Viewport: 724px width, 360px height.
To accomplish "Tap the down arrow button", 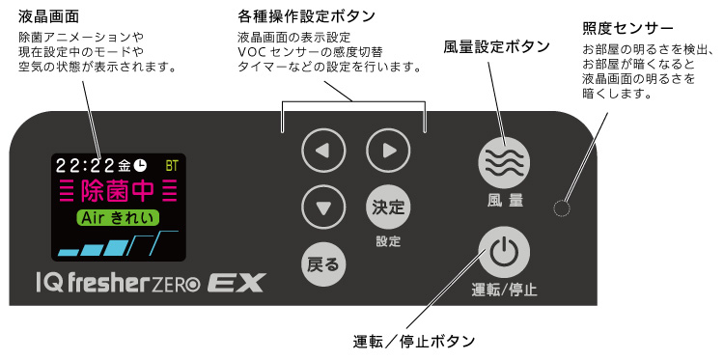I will (x=322, y=206).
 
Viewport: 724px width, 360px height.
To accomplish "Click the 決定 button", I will (x=387, y=207).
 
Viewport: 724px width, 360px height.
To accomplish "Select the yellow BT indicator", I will (x=172, y=165).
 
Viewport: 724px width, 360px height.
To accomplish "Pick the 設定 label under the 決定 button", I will (x=388, y=240).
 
